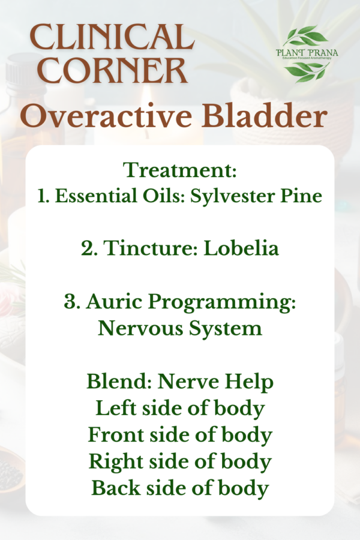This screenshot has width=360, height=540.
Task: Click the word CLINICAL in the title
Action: point(112,38)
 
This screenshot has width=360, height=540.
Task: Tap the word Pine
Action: point(304,196)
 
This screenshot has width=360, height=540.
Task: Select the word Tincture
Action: point(142,248)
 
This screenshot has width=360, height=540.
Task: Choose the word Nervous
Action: point(137,328)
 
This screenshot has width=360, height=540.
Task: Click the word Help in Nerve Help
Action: point(245,382)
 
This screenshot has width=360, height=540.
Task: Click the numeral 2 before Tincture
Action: point(86,248)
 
